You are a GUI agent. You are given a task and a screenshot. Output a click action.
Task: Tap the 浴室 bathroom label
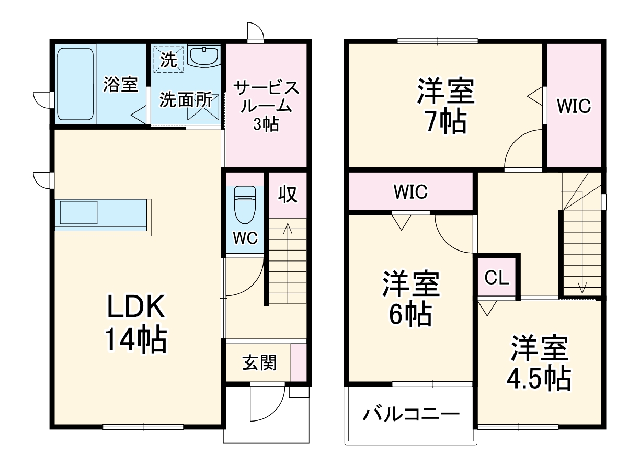[x=120, y=84]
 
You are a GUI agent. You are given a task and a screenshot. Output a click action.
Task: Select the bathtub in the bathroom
[x=74, y=84]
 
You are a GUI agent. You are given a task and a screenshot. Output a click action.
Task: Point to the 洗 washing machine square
[x=169, y=58]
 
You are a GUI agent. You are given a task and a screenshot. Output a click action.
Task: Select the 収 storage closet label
[x=287, y=195]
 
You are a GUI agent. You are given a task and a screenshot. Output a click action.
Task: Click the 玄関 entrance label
[x=259, y=362]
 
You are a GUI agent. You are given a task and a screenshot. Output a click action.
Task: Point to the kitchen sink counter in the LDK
[x=103, y=215]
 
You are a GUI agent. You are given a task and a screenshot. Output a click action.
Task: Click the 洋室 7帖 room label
[x=446, y=107]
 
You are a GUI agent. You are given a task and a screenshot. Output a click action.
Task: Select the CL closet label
[x=496, y=278]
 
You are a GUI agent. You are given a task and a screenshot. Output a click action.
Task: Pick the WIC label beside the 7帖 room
[x=574, y=106]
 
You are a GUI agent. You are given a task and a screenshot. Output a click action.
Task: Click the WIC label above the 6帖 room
[x=411, y=191]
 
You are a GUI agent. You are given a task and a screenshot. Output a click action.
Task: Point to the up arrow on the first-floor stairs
[x=287, y=230]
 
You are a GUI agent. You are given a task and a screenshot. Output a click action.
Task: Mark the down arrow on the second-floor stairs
[x=582, y=285]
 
